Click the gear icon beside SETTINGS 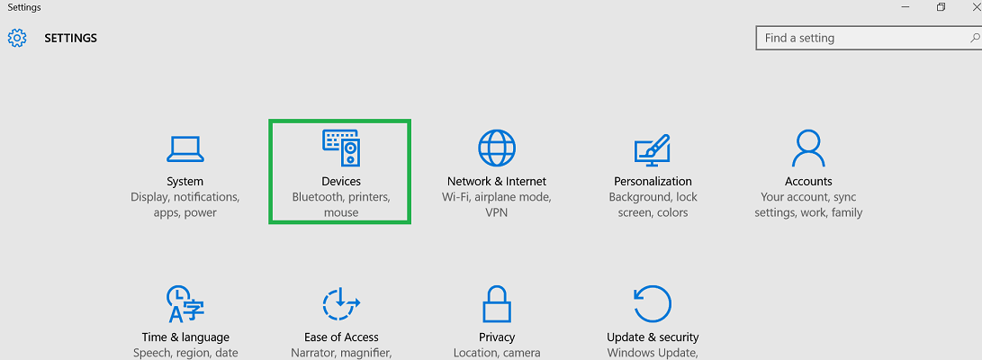click(x=17, y=39)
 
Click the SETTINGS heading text click(x=71, y=39)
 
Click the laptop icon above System click(x=185, y=149)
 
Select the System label click(x=185, y=181)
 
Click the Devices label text click(x=341, y=181)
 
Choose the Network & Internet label click(x=497, y=181)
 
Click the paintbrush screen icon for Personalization click(x=653, y=149)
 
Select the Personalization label click(x=653, y=181)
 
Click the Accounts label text click(x=808, y=181)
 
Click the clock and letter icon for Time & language click(x=185, y=304)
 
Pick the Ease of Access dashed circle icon click(x=341, y=304)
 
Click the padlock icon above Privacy click(x=497, y=304)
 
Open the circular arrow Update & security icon click(x=653, y=304)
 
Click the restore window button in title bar click(x=941, y=7)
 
